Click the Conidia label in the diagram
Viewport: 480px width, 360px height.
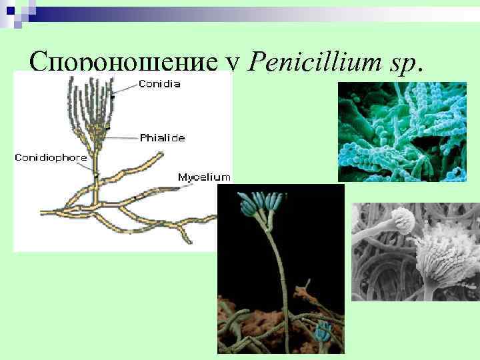point(159,84)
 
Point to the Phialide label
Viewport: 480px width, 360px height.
point(162,138)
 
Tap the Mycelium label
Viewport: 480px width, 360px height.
point(204,177)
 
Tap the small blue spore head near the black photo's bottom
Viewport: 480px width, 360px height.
point(325,329)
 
